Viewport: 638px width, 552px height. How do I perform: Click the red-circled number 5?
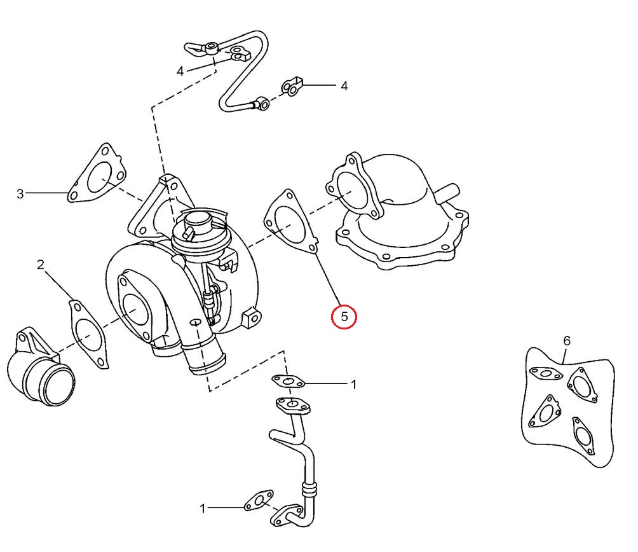tap(344, 316)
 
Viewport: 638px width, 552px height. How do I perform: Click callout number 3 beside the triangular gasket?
tap(20, 193)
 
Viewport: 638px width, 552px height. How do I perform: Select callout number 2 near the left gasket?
tap(40, 265)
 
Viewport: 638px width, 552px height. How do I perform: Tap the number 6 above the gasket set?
tap(567, 341)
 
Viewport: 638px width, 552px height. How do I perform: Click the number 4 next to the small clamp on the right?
tap(344, 85)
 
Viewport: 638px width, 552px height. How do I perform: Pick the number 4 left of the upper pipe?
tap(180, 71)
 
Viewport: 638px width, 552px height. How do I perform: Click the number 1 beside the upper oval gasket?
tap(354, 385)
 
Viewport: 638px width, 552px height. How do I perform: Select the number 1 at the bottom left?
tap(203, 508)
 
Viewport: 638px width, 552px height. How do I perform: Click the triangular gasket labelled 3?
tap(97, 175)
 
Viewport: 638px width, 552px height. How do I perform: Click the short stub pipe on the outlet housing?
tap(450, 190)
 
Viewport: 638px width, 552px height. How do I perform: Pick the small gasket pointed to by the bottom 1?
tap(259, 500)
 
